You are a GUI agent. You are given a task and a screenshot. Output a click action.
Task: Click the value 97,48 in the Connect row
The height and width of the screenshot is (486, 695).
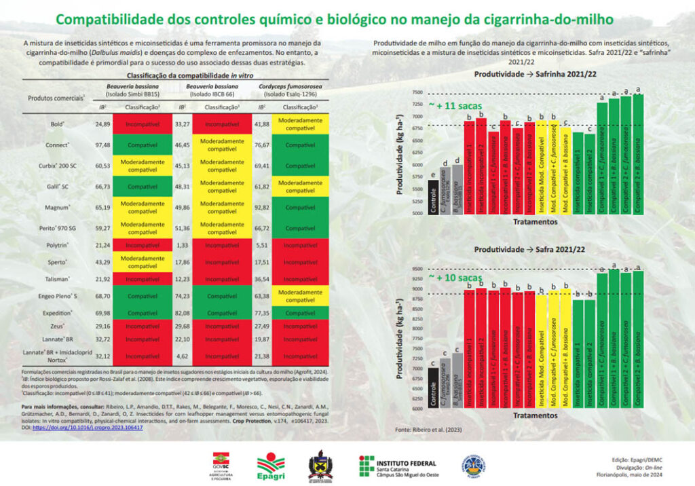pos(102,145)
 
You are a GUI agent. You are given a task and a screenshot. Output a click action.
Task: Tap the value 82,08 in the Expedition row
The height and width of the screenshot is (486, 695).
pos(182,313)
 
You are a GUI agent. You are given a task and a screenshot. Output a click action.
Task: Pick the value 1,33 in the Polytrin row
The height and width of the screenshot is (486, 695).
pos(182,244)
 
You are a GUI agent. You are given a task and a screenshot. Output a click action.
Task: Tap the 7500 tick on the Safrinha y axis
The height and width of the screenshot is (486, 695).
pos(416,93)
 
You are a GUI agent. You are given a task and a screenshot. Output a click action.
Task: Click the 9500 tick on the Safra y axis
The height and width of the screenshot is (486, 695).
pos(416,269)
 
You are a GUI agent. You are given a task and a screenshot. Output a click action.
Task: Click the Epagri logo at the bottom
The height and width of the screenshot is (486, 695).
pos(269,465)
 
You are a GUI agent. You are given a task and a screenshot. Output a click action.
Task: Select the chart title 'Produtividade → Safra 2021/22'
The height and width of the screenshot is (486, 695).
pos(529,249)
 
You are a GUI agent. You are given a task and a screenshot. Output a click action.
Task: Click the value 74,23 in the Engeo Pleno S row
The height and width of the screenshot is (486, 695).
pos(182,296)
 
